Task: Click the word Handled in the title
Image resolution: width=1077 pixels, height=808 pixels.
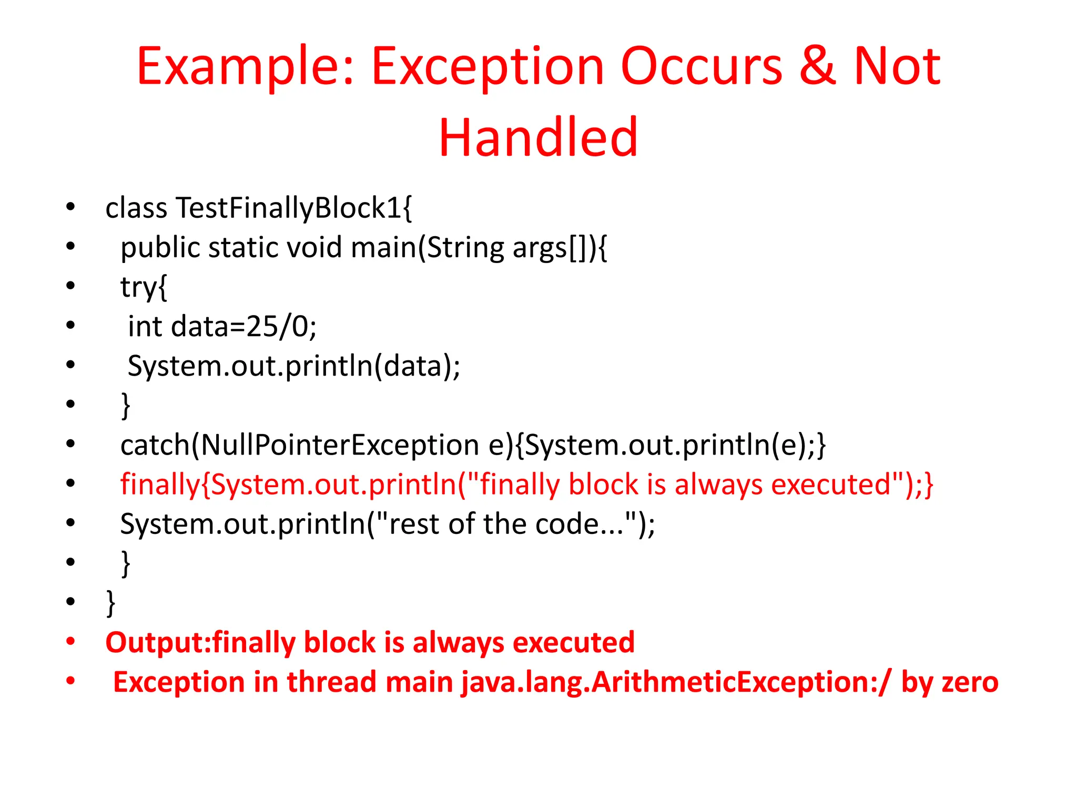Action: point(538,138)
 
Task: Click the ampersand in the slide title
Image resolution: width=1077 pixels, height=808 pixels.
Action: point(818,67)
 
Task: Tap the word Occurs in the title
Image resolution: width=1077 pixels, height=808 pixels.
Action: point(702,67)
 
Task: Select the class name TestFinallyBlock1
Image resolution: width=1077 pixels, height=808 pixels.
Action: point(288,208)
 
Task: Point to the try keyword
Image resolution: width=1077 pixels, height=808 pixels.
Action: point(138,287)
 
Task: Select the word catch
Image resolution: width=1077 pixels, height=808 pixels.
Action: point(155,446)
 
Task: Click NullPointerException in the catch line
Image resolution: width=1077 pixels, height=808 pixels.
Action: point(340,446)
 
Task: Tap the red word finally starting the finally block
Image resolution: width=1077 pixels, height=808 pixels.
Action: point(160,484)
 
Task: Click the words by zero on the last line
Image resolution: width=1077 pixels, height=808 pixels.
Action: point(949,682)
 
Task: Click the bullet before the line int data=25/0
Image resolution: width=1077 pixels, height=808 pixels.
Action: point(70,326)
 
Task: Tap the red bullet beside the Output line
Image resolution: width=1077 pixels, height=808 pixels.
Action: point(70,642)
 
